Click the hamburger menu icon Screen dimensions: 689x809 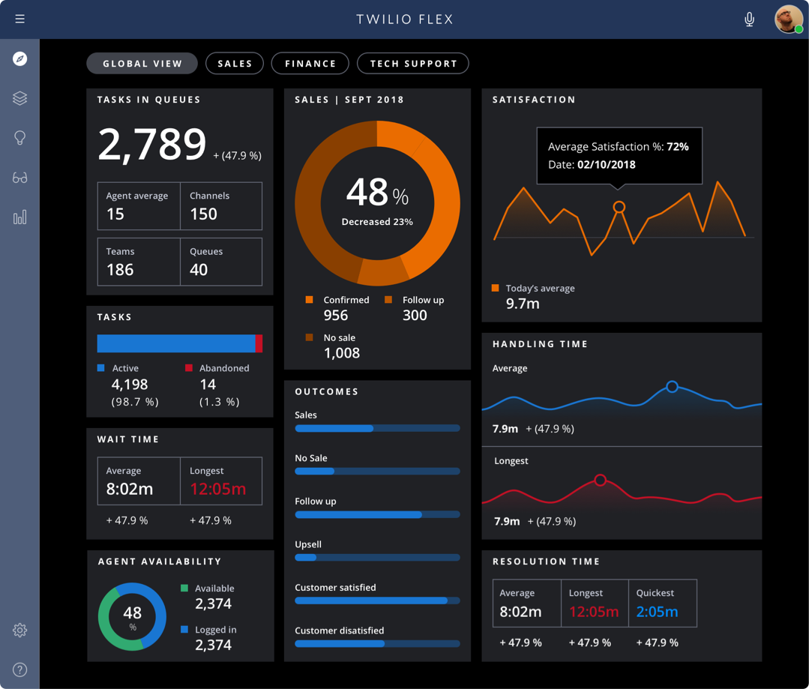tap(20, 19)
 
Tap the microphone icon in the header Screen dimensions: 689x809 tap(749, 19)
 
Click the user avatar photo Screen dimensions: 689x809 tap(788, 19)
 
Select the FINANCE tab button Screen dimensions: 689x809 tap(310, 64)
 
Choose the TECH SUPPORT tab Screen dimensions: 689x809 tap(413, 64)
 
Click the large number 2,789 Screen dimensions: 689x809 tap(152, 145)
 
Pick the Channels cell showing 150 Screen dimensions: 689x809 tap(220, 206)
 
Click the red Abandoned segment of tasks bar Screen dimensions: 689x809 tap(259, 343)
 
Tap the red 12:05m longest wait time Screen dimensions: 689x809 tap(217, 490)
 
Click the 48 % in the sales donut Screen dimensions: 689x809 tap(377, 194)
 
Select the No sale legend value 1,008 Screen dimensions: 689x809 tap(342, 353)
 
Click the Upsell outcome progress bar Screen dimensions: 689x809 tap(377, 558)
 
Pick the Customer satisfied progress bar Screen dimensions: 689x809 tap(377, 601)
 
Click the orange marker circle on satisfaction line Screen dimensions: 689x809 tap(619, 207)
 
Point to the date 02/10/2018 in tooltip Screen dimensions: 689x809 tap(606, 165)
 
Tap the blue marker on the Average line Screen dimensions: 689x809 tap(672, 387)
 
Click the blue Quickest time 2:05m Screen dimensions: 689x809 tap(657, 612)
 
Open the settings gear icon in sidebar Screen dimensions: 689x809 tap(20, 631)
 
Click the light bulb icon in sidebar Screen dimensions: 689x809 tap(20, 138)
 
